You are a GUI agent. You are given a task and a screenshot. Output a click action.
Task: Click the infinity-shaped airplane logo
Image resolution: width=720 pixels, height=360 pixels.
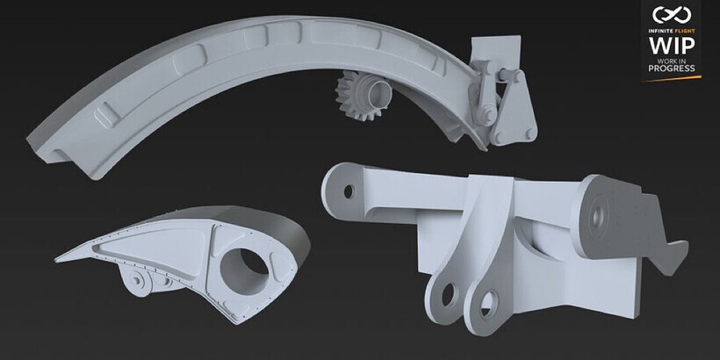click(x=672, y=15)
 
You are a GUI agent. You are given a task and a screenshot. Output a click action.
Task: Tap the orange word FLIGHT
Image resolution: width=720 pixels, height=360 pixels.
click(x=684, y=32)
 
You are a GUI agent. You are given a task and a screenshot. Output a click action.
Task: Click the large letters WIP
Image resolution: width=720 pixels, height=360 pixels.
click(x=672, y=46)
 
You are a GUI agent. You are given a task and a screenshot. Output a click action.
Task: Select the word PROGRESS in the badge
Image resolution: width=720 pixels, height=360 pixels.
click(x=672, y=68)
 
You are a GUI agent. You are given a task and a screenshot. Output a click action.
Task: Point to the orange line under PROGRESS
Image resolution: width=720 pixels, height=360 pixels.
click(x=672, y=78)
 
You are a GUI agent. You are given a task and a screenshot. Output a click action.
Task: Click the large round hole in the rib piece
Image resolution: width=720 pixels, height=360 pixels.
click(x=244, y=271)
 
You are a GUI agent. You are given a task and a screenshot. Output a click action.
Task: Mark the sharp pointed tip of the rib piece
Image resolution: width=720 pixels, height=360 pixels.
click(x=56, y=261)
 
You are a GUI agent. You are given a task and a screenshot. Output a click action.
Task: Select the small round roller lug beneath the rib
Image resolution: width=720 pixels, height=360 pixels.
click(x=138, y=280)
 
